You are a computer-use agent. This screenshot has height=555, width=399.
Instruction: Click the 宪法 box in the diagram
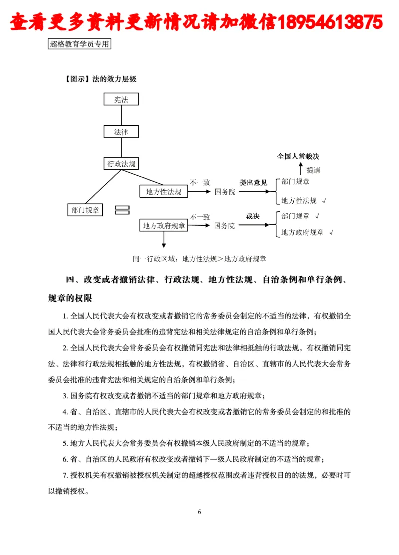(121, 100)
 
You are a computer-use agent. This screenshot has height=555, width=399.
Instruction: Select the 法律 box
(121, 132)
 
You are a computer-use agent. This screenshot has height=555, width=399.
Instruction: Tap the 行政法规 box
(121, 163)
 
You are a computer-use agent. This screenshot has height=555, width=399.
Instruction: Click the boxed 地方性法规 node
(163, 191)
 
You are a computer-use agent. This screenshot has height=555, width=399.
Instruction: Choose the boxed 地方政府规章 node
(163, 225)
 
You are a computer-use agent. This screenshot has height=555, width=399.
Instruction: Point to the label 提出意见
(253, 183)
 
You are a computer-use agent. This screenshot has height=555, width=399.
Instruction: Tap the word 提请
(314, 170)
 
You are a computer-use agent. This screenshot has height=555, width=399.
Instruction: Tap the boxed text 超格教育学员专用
(79, 44)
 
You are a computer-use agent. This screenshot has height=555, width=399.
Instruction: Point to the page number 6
(199, 512)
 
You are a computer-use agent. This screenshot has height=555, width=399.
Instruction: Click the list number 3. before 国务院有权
(65, 397)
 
